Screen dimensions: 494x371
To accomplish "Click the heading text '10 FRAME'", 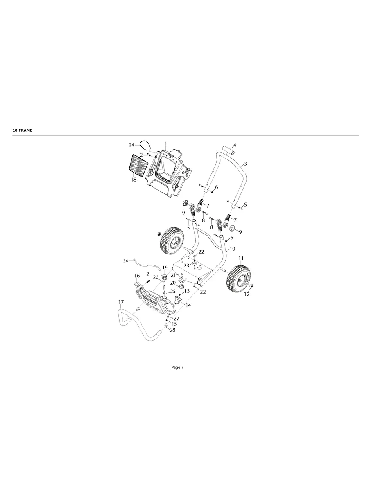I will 23,130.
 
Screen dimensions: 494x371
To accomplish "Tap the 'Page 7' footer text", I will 177,368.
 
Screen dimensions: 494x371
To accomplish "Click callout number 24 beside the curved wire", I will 131,145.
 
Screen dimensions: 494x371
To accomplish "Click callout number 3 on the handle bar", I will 245,164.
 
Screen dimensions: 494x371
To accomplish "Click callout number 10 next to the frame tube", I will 232,249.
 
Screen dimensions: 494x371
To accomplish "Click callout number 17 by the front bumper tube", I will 121,302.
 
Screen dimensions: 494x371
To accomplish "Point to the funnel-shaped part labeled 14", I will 179,301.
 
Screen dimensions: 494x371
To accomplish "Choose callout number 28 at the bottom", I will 172,330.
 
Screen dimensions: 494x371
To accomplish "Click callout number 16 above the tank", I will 137,276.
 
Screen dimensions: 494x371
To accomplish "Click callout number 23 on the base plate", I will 187,265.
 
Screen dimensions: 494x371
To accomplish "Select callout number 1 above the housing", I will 166,144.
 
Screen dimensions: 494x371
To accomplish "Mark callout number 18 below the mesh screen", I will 133,180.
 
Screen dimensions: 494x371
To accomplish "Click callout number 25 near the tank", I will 173,291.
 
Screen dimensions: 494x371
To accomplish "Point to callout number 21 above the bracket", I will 173,275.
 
